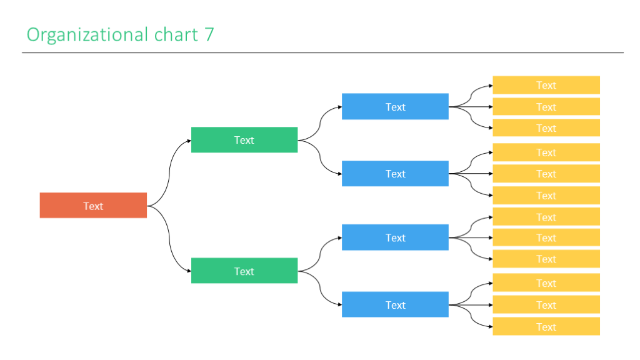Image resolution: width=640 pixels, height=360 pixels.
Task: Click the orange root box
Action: (93, 206)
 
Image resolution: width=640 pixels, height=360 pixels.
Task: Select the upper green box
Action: (244, 140)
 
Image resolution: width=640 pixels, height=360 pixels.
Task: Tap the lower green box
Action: (244, 271)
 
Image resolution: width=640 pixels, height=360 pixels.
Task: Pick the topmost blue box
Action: (395, 107)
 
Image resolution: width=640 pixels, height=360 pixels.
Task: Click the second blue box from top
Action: (395, 174)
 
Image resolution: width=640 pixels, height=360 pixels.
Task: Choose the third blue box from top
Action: (395, 237)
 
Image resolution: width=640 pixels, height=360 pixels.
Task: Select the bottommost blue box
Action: (395, 305)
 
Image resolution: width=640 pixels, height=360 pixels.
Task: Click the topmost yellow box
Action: (546, 85)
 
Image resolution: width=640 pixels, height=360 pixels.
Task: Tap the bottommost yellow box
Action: (546, 326)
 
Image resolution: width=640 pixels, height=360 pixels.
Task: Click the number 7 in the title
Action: (209, 34)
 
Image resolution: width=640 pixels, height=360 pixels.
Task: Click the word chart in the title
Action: (176, 34)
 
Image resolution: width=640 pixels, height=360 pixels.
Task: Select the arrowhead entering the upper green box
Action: (189, 141)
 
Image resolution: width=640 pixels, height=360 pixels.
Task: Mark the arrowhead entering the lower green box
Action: (189, 271)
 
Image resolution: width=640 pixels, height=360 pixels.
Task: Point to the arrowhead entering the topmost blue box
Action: (339, 107)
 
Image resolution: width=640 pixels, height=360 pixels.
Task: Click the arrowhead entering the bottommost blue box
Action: (339, 305)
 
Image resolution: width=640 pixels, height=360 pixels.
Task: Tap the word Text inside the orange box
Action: (93, 206)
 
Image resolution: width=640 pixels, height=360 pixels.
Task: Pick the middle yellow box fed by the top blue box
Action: (546, 107)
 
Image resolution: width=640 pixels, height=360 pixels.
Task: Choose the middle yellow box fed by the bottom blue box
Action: (546, 305)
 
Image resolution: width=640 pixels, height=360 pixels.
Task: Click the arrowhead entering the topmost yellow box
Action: (490, 86)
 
